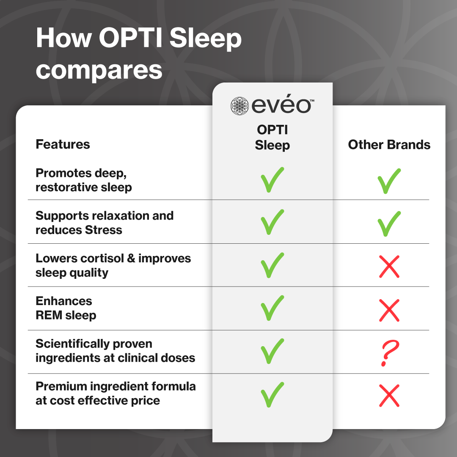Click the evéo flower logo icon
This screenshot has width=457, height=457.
coord(240,106)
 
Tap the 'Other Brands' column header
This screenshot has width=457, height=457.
coord(389,145)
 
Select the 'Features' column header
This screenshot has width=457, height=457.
coord(63,144)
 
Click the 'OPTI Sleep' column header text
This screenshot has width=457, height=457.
coord(272,138)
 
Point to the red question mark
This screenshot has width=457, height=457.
coord(388,354)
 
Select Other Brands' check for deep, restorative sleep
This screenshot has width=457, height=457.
coord(389,181)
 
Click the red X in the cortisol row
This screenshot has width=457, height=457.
coord(389,267)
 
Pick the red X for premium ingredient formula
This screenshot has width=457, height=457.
coord(389,396)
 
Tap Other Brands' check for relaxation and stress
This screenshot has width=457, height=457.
coord(389,224)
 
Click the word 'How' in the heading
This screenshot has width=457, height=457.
coord(63,39)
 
